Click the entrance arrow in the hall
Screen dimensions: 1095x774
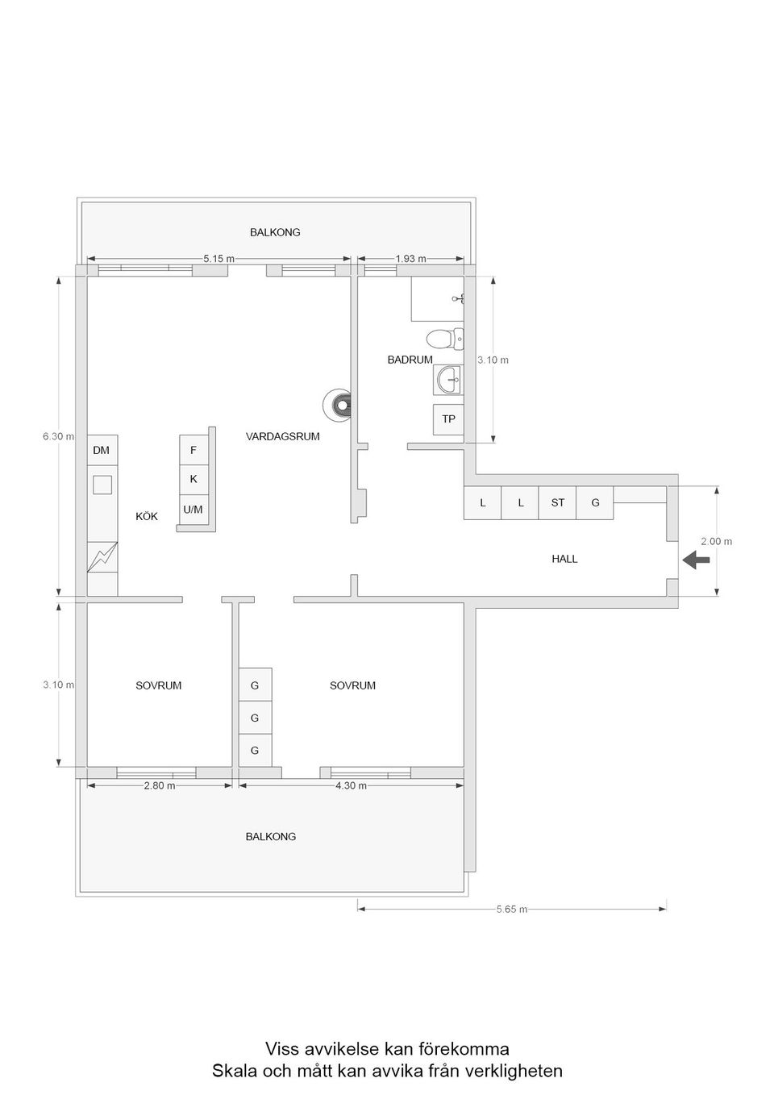[697, 560]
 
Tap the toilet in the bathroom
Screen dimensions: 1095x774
[445, 338]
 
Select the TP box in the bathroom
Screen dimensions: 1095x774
[448, 419]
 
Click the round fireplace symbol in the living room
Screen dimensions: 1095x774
[339, 404]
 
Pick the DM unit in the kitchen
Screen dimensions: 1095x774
[102, 450]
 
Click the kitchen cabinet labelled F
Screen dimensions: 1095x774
[193, 451]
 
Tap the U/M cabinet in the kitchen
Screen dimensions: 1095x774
[193, 510]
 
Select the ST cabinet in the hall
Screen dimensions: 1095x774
[558, 503]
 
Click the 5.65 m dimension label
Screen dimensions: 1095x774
[512, 910]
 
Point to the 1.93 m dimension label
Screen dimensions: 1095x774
[410, 259]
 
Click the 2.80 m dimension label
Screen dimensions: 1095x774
[160, 786]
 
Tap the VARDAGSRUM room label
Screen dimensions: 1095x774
[282, 436]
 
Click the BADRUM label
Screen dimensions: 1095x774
[410, 360]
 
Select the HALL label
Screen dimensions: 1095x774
[564, 559]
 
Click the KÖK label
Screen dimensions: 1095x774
[147, 516]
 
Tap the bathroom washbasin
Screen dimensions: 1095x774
[448, 378]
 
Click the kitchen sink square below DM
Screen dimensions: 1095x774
[102, 485]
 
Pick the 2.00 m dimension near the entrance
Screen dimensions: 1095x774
[716, 542]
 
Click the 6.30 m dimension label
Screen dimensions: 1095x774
[58, 436]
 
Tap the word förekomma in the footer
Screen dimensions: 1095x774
[464, 1049]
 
